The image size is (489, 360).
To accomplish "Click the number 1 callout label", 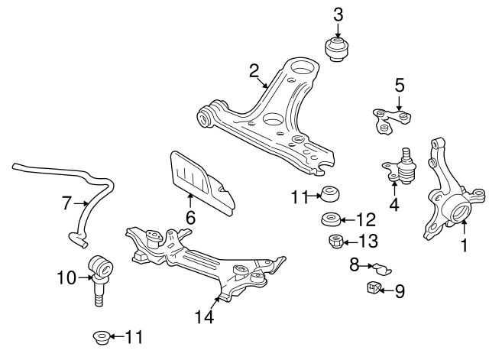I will pos(463,246).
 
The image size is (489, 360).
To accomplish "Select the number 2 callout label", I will pos(254,71).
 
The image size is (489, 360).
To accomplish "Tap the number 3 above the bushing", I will pos(338,14).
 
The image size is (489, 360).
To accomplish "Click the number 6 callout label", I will pos(190,219).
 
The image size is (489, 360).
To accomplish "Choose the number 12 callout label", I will pos(366,220).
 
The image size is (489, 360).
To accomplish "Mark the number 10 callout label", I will pos(66,277).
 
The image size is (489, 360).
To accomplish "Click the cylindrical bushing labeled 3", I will pos(338,49).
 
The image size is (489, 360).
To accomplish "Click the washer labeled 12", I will pos(330,221).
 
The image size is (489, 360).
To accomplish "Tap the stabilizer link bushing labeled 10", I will pos(101,267).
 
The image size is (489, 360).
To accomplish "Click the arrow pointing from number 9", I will pos(387,290).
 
